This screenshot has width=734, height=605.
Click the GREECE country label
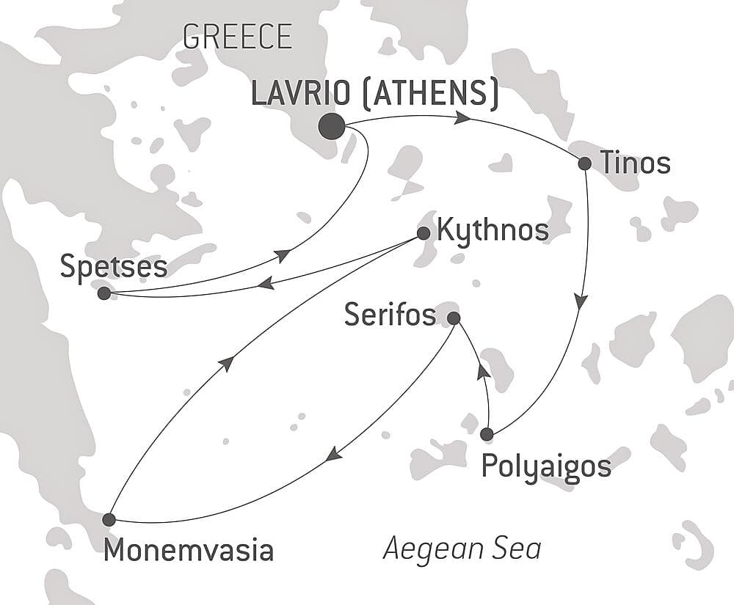click(237, 36)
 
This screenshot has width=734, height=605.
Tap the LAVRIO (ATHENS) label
click(375, 94)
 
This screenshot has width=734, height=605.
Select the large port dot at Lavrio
click(332, 127)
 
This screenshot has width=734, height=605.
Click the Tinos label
click(636, 164)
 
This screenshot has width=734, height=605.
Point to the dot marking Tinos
click(584, 164)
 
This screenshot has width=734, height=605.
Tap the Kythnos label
click(493, 230)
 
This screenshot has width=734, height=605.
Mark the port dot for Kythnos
click(424, 233)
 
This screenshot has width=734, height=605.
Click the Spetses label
click(115, 268)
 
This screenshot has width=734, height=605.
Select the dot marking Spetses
click(104, 293)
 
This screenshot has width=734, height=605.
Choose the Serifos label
click(391, 316)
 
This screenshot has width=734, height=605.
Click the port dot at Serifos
click(454, 318)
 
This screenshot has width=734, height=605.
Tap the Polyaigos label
click(546, 466)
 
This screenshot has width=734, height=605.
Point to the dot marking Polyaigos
click(487, 434)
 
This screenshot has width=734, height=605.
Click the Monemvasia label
click(189, 550)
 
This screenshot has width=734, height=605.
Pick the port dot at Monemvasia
click(109, 519)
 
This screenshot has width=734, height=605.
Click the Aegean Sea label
click(462, 549)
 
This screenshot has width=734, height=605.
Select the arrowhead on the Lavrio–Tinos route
click(462, 117)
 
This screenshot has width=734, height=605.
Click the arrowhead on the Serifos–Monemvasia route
click(334, 455)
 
